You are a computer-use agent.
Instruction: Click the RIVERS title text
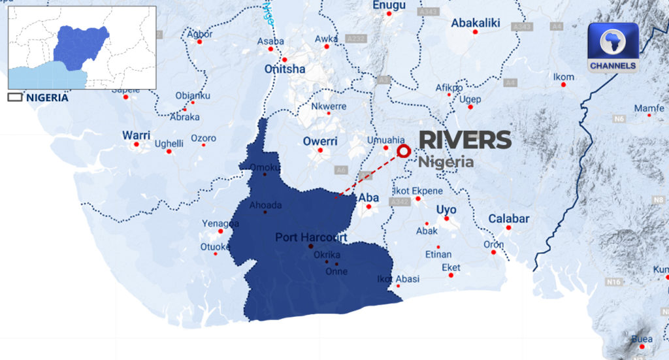[465, 140]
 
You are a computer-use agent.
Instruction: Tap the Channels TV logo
[612, 48]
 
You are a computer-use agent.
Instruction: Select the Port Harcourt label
[311, 237]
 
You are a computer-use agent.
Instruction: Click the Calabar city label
[509, 219]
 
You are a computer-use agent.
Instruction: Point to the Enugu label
[389, 6]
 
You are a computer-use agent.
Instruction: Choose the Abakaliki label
[475, 23]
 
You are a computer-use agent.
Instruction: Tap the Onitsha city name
[284, 69]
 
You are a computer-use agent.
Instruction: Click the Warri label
[136, 135]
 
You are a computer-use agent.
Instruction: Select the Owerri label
[320, 141]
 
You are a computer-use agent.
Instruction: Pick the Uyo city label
[447, 210]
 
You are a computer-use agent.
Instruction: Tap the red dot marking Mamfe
[649, 115]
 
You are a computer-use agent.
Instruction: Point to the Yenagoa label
[216, 223]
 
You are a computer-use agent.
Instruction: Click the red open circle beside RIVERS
[404, 152]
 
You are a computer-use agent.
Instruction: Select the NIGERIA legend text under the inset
[47, 97]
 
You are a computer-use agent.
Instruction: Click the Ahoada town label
[265, 205]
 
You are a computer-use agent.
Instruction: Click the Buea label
[642, 339]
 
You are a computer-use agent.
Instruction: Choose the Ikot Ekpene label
[417, 191]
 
